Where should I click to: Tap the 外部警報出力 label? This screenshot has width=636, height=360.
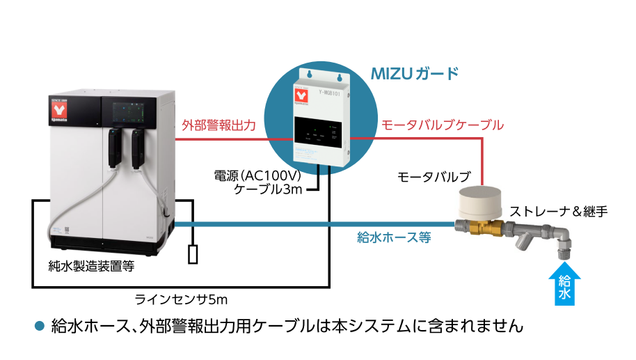coord(218,125)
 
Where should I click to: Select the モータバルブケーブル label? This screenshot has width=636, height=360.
coord(442,125)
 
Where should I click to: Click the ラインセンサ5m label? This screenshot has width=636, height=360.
coord(182,299)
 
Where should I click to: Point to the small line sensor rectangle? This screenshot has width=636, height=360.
coord(193,254)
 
